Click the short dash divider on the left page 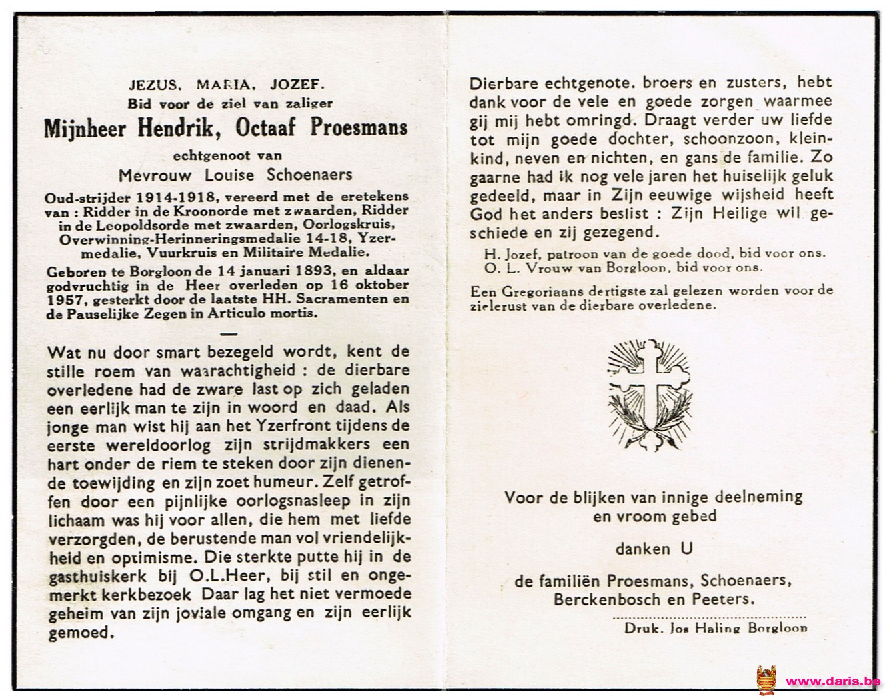tap(228, 332)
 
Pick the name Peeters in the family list tap(728, 599)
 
